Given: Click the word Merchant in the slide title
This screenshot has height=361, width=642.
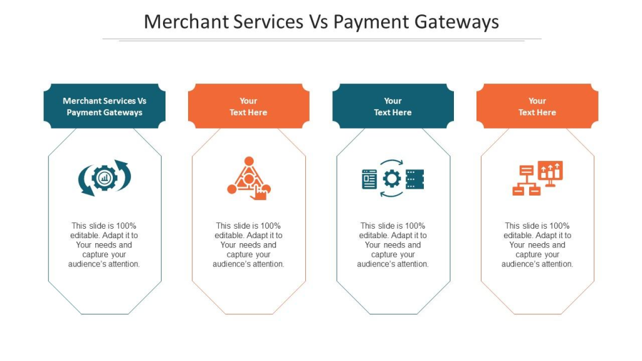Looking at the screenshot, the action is click(x=186, y=22).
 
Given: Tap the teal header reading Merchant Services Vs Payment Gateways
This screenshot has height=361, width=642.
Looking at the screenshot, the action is click(x=105, y=106).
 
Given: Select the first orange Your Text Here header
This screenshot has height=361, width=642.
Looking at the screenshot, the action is click(x=248, y=106).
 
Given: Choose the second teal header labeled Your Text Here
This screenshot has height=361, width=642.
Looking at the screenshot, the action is click(x=393, y=106).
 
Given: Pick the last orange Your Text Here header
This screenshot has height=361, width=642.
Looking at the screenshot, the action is click(x=537, y=106).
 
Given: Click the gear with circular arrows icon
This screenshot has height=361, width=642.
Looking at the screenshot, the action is click(x=105, y=178).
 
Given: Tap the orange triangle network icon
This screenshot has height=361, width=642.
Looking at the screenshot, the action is click(x=249, y=179).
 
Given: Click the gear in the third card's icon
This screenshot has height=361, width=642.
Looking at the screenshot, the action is click(x=392, y=179).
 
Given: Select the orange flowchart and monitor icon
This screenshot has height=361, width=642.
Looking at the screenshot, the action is click(x=537, y=178).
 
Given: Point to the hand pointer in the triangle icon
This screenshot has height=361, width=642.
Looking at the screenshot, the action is click(x=259, y=192).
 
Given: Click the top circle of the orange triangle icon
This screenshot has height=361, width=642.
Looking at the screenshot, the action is click(x=249, y=161).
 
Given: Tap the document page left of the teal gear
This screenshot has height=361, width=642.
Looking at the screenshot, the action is click(x=369, y=179).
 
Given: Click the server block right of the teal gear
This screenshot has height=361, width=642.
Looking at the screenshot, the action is click(x=415, y=179).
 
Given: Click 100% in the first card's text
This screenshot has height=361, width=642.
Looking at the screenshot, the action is click(x=126, y=226).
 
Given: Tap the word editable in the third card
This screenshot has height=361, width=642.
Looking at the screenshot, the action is click(x=373, y=236).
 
